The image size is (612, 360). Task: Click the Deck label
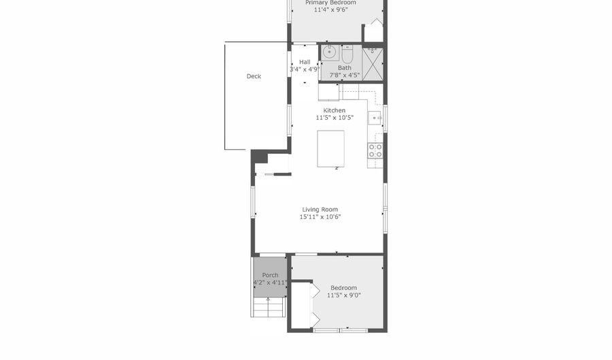[254, 76]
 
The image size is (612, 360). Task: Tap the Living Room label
[320, 210]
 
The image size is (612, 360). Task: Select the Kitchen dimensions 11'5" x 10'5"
[335, 118]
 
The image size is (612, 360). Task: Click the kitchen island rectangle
[330, 149]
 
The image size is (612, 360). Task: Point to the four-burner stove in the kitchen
[375, 150]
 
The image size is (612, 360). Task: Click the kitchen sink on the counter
[375, 118]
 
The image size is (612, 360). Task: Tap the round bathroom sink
[330, 52]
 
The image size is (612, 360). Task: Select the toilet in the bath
[347, 54]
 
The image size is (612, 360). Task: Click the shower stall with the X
[373, 65]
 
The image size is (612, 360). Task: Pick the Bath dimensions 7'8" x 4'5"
[345, 75]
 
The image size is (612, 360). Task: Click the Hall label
[305, 62]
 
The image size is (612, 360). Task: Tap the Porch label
[270, 275]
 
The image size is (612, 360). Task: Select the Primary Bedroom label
[330, 3]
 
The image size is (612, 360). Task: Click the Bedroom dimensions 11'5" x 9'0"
[343, 295]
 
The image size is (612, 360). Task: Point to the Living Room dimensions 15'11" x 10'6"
[320, 217]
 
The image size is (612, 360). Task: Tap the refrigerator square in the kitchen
[328, 92]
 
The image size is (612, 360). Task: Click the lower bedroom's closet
[301, 305]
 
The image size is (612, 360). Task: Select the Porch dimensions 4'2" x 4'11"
[270, 282]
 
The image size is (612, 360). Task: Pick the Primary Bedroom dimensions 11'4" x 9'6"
[330, 10]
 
